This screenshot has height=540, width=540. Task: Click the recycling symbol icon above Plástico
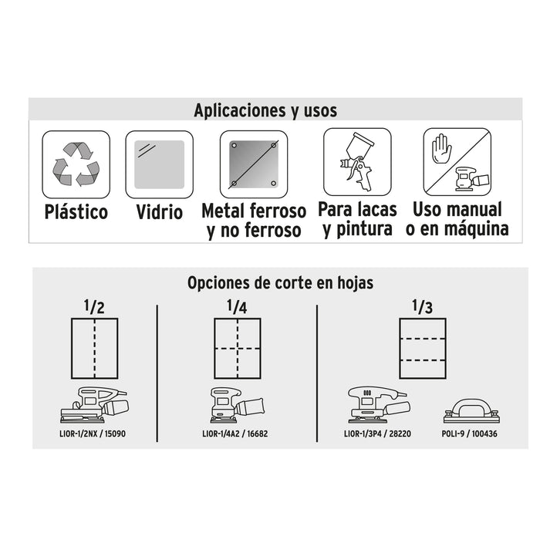76,164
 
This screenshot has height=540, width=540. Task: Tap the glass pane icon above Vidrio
159,164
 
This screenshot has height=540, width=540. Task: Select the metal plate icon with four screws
254,164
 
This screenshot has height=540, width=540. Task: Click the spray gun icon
356,161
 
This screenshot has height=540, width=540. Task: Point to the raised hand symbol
440,148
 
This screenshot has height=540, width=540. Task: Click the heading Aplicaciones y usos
265,110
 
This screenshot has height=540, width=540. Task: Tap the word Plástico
76,211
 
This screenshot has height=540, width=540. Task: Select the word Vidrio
159,212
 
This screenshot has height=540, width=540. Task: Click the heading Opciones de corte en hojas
280,283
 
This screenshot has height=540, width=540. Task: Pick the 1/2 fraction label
94,306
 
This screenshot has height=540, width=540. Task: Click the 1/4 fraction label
237,306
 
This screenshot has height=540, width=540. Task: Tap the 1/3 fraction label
422,306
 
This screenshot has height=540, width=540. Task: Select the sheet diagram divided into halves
94,349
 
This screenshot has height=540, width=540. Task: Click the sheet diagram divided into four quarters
238,349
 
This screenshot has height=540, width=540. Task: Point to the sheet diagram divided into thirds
423,349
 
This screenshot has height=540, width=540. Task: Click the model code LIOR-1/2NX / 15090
93,434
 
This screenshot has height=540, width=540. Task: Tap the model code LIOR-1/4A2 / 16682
235,434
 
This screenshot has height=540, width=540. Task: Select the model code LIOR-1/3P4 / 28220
377,434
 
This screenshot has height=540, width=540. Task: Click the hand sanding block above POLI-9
471,411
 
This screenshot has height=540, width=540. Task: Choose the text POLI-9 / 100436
469,434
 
